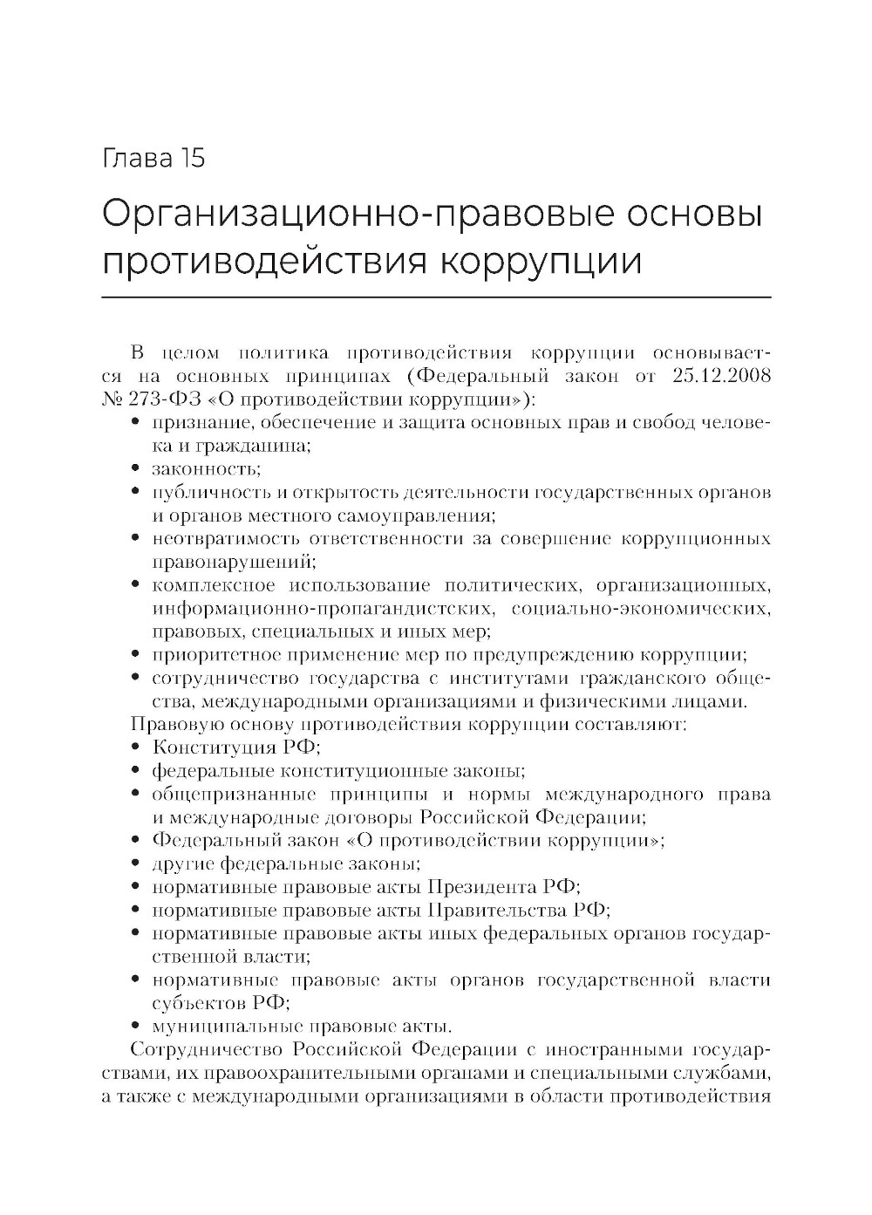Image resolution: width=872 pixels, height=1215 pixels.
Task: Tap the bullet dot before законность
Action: [x=136, y=469]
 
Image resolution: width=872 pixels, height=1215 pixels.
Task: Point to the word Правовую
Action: [x=166, y=724]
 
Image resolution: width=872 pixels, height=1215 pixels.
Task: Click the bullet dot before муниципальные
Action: [x=136, y=1026]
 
